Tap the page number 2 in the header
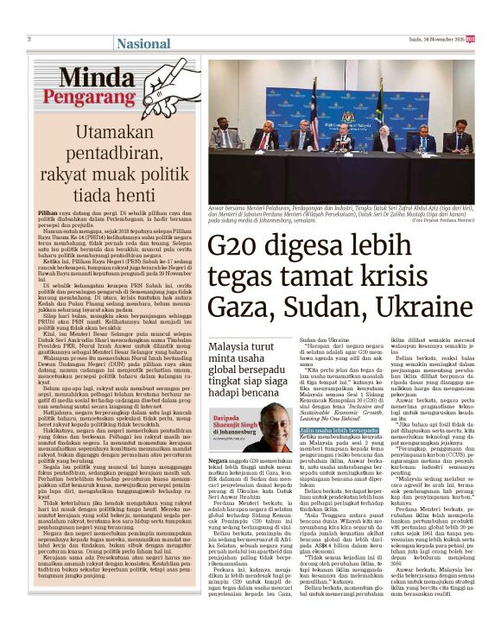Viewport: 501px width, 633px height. (29, 39)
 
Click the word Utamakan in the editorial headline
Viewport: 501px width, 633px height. (117, 134)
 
